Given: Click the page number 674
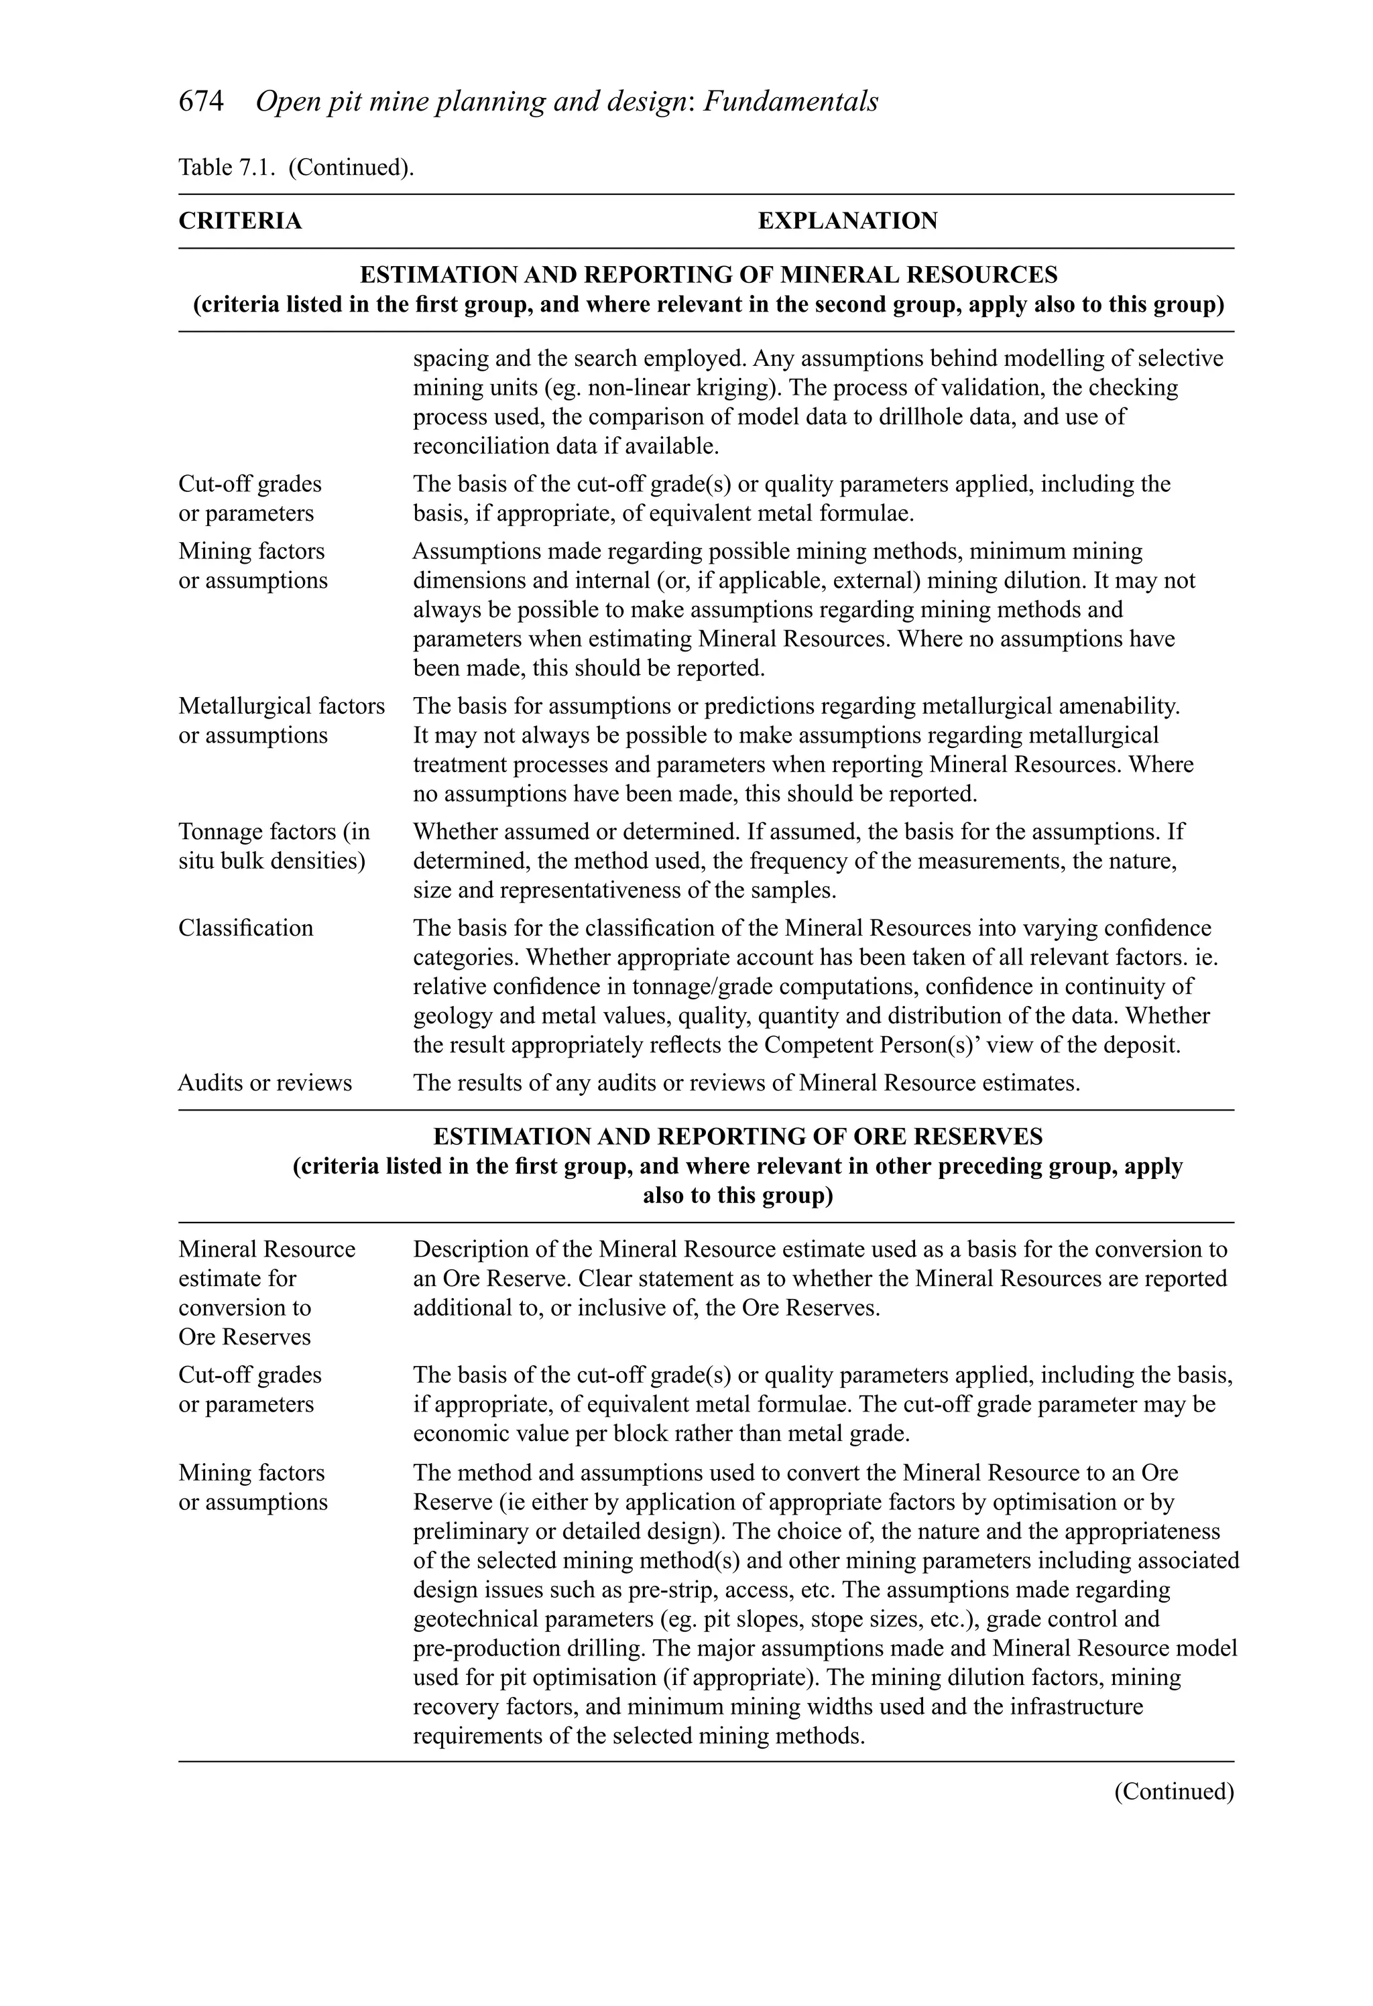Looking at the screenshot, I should [200, 102].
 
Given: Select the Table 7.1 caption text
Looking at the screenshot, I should [296, 167].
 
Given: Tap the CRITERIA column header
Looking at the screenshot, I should [240, 221].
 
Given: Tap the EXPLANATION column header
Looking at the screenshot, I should [847, 221].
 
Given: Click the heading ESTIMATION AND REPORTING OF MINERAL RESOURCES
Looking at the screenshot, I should [708, 275].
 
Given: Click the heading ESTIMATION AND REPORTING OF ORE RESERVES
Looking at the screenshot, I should [737, 1136].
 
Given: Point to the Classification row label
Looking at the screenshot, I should [246, 928].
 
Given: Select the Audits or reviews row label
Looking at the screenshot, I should [265, 1082].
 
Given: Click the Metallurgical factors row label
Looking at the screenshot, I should [282, 706].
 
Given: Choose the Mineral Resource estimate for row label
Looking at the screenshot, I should [267, 1249].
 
